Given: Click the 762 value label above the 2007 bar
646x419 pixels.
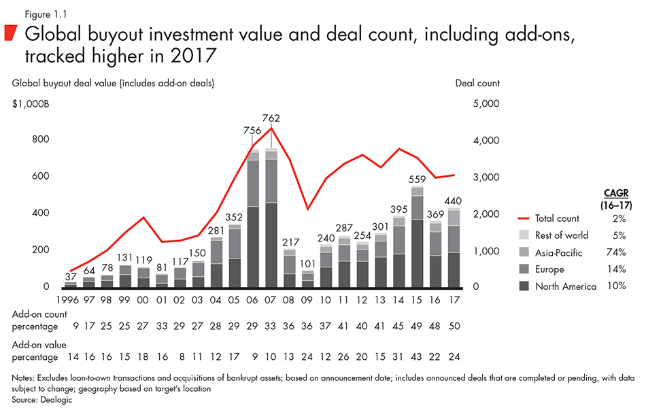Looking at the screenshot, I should [271, 118].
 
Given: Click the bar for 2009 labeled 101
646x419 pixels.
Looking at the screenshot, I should [308, 280].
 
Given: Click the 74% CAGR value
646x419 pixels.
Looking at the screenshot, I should [616, 252].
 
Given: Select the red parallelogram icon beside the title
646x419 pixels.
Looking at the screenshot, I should [12, 33].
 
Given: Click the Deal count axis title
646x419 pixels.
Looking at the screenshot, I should [477, 83].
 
